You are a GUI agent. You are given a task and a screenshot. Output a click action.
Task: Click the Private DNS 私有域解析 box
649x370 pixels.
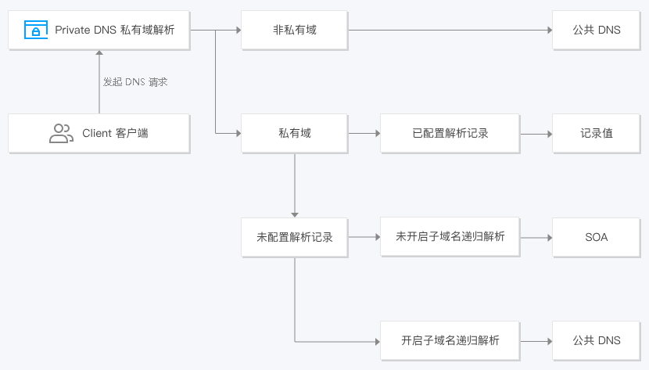coord(99,30)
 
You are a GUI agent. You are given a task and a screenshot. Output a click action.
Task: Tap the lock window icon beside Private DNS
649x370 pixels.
coord(35,31)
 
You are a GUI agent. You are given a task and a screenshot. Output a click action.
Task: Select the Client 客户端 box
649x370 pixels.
coord(99,133)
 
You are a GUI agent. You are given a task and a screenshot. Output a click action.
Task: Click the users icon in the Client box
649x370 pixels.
coord(60,133)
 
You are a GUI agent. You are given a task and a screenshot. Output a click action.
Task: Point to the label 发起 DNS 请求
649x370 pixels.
coord(135,81)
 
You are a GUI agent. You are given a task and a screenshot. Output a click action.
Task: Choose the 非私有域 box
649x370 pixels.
coord(294,30)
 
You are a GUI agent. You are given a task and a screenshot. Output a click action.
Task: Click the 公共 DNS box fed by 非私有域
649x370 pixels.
coord(596,30)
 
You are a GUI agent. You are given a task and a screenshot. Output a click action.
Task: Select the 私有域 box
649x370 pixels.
coord(294,133)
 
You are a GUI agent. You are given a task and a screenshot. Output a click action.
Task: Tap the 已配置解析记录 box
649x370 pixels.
coord(450,133)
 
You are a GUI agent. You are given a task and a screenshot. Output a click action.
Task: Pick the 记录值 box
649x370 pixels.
coord(596,133)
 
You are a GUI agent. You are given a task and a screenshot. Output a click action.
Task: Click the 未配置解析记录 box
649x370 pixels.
coord(294,237)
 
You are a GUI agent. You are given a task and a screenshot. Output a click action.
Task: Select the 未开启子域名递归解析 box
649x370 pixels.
coord(450,236)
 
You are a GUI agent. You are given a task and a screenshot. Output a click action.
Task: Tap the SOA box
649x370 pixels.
coord(596,237)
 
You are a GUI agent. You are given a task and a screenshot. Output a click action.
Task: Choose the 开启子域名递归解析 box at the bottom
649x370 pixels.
coord(450,340)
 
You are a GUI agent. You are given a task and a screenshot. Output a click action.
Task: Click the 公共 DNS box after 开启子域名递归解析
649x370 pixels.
coord(596,340)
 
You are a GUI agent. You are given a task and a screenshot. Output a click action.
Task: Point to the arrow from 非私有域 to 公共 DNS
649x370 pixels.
coord(450,30)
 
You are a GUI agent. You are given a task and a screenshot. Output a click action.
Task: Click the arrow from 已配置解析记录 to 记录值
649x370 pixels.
coord(536,133)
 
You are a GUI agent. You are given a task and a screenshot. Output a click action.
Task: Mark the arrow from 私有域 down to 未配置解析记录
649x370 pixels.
coord(295,185)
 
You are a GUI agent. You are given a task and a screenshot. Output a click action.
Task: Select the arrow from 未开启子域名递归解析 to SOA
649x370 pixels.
coord(536,237)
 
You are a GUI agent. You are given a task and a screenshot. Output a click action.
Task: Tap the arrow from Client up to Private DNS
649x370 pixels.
coord(99,81)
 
